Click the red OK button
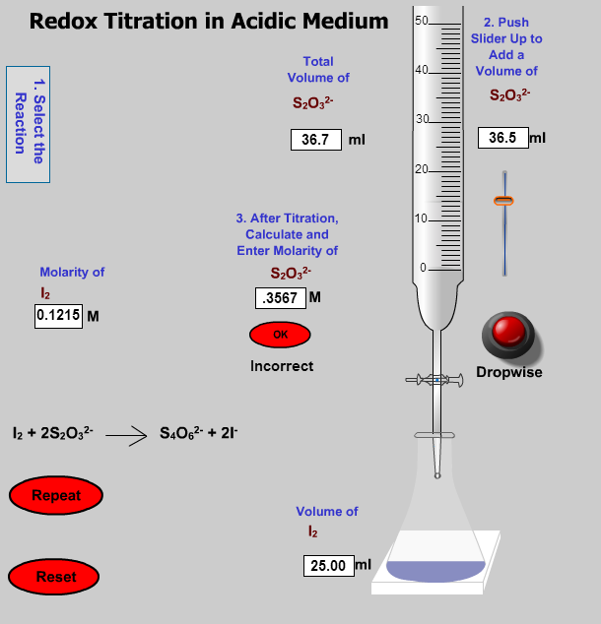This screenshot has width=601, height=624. (280, 335)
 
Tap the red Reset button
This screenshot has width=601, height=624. (55, 577)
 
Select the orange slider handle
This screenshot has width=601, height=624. (504, 201)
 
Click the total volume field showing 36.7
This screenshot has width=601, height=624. (315, 140)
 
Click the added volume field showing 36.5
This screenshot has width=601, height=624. (502, 138)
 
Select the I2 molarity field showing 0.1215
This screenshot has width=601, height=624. (58, 316)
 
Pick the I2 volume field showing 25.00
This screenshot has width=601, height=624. (328, 566)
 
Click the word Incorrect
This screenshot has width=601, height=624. (282, 366)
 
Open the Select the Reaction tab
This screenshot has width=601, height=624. (28, 124)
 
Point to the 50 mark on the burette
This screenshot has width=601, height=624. (422, 22)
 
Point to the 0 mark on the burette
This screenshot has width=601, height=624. (424, 268)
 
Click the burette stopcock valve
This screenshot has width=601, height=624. (434, 379)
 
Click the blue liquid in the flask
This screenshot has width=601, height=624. (435, 570)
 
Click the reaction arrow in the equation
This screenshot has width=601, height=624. (126, 434)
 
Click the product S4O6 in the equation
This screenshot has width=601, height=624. (178, 433)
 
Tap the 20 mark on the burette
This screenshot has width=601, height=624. (422, 169)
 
